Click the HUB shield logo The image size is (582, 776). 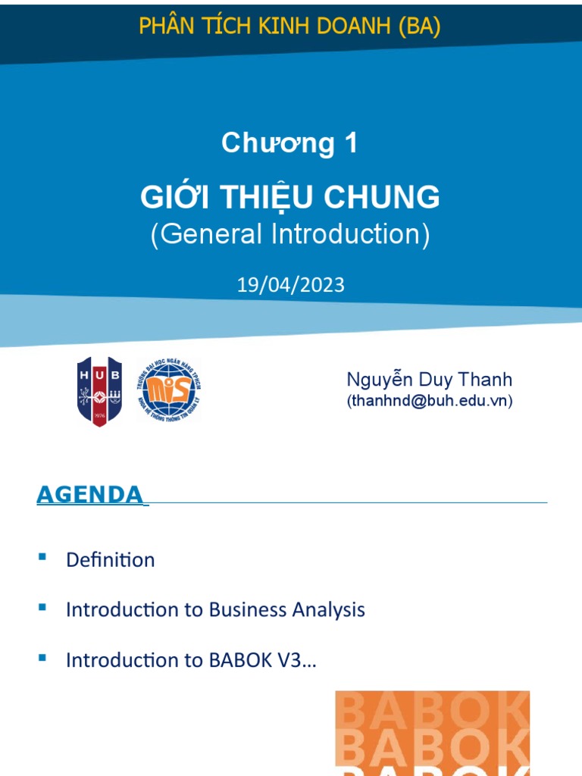point(99,391)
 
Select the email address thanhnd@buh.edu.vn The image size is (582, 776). point(430,402)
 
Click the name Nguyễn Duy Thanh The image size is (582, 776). point(430,380)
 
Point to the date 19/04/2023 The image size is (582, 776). point(291,285)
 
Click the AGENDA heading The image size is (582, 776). point(89,495)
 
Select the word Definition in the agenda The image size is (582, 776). point(111,560)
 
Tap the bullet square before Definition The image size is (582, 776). point(42,558)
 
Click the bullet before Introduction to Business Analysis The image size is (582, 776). point(42,608)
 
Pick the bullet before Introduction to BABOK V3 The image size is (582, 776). point(42,658)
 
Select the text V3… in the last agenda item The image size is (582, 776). point(299,660)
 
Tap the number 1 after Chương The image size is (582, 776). point(350,143)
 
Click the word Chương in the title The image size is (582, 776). point(277,143)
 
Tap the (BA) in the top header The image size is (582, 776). point(416,27)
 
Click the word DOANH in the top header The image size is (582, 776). point(347,27)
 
